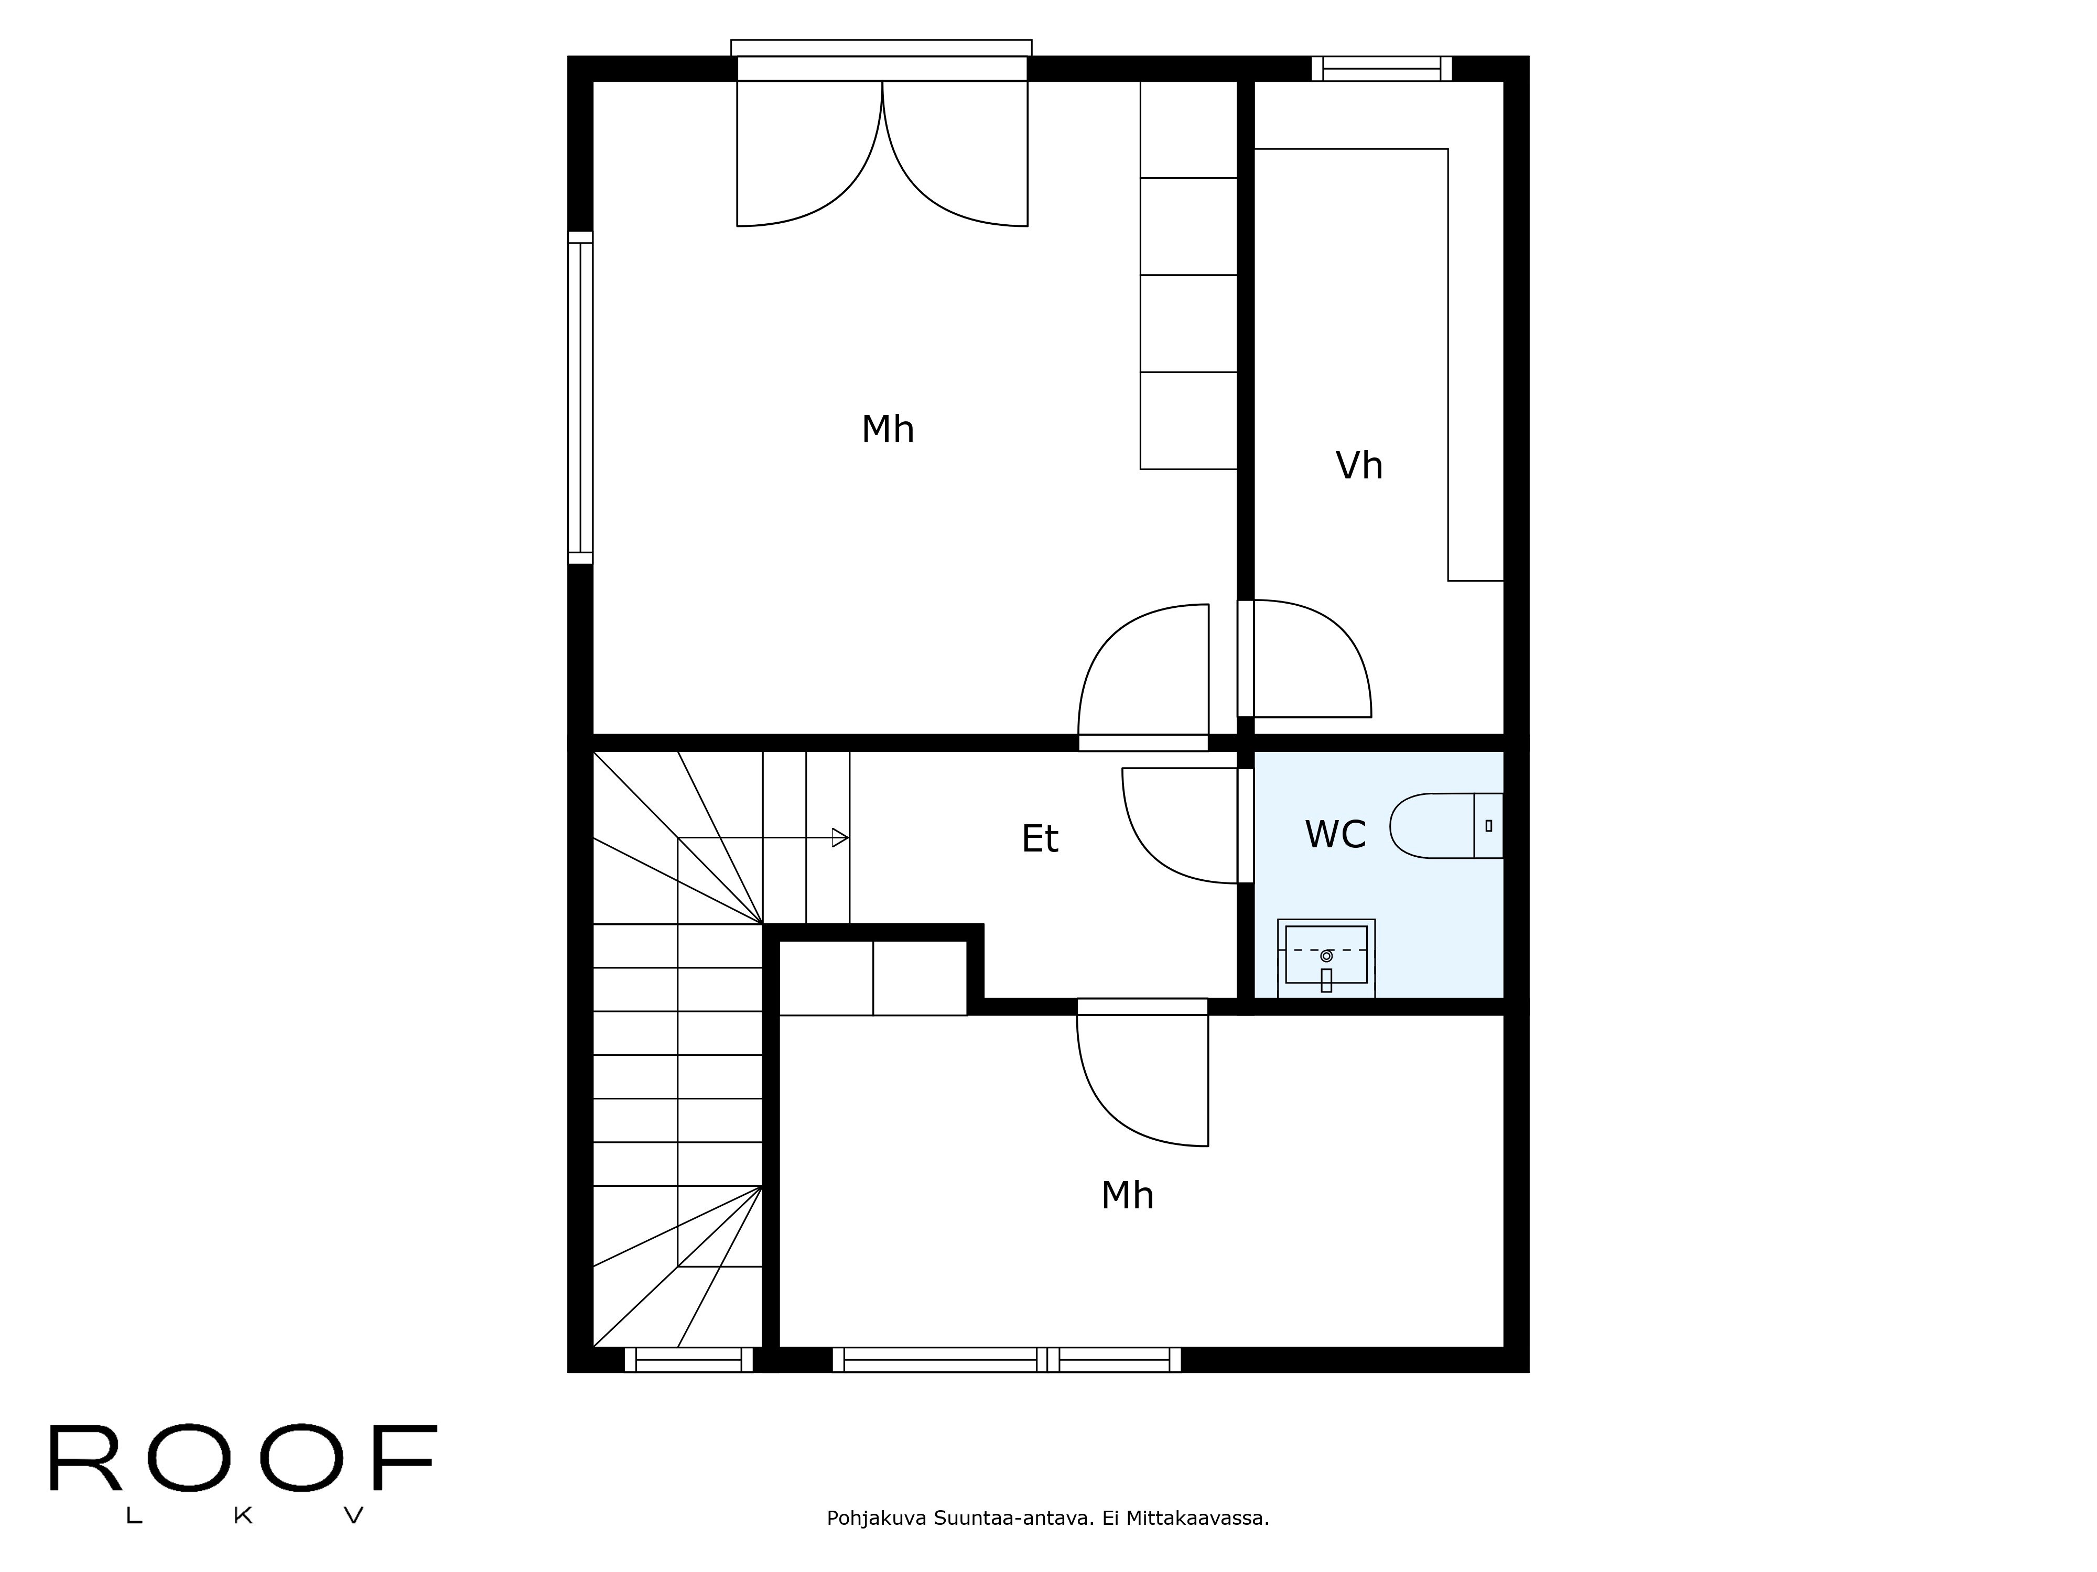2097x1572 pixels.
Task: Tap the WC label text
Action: [x=1335, y=835]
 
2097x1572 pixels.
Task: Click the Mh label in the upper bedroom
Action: [x=888, y=429]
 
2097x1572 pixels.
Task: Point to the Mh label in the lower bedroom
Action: [x=1127, y=1196]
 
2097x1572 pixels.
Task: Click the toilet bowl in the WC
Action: [x=1432, y=825]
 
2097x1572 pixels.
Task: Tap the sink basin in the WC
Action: [x=1326, y=956]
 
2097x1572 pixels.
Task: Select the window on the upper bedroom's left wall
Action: [x=580, y=398]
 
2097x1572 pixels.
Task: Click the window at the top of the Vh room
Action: [x=1381, y=68]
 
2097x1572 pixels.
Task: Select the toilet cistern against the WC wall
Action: [x=1488, y=825]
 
